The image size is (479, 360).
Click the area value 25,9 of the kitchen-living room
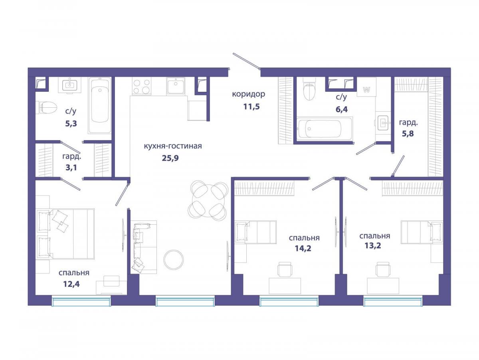170,158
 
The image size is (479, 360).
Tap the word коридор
249,95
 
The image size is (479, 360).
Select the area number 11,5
251,107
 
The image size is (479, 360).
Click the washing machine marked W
366,90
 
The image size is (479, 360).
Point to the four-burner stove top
142,86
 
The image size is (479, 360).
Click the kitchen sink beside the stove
176,86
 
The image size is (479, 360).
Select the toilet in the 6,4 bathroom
309,89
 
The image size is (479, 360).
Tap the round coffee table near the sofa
174,260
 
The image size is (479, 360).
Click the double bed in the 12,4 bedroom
65,233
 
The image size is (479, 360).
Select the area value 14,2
303,248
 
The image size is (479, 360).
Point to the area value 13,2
373,246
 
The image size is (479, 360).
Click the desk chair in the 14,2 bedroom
285,270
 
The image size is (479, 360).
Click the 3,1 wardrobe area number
71,168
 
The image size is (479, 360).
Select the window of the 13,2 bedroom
393,301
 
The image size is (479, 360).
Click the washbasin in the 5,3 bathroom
69,85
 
